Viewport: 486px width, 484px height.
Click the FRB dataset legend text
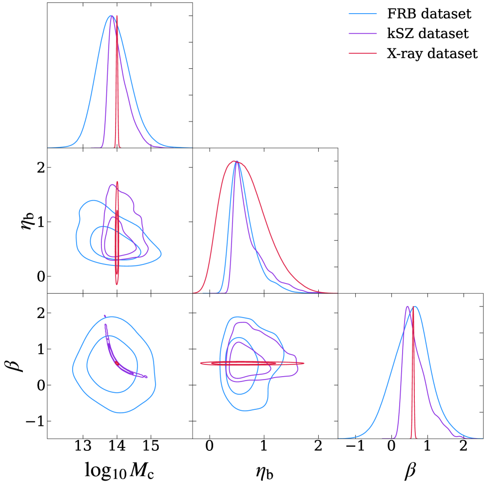pos(429,13)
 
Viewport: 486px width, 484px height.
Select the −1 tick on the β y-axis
pos(35,421)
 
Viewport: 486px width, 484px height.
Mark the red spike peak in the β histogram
pos(413,307)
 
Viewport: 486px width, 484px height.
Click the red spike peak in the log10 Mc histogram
pos(117,16)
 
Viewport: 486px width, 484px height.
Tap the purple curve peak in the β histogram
pos(407,307)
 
